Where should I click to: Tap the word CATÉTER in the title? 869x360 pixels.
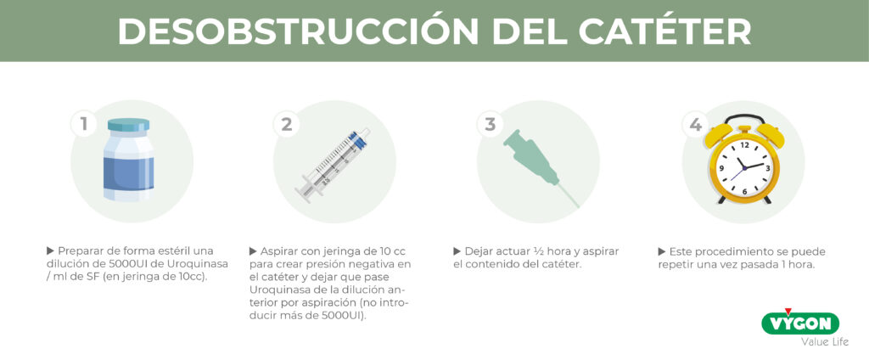(x=664, y=31)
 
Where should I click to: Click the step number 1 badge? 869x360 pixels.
(x=84, y=124)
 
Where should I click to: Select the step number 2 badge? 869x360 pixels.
(x=287, y=124)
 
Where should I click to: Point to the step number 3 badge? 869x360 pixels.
(x=491, y=124)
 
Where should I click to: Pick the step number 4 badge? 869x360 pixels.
(x=695, y=124)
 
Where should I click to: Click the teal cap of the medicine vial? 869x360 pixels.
(x=129, y=125)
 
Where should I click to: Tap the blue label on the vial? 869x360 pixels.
(x=129, y=173)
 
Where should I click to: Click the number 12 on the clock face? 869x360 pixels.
(x=744, y=145)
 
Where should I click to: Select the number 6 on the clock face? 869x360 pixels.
(x=744, y=191)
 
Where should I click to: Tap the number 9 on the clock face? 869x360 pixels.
(x=721, y=168)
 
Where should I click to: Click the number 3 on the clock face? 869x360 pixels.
(x=767, y=168)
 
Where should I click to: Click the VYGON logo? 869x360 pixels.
(x=800, y=323)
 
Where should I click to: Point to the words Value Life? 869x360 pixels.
(x=825, y=341)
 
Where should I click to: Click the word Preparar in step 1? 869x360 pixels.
(x=77, y=250)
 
